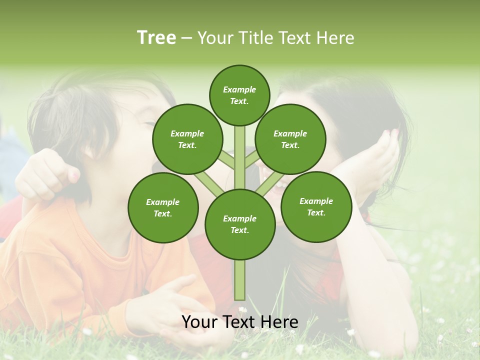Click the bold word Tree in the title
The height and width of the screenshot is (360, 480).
(x=156, y=37)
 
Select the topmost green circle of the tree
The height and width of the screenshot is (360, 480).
(x=239, y=95)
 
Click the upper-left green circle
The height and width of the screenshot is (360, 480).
(x=187, y=139)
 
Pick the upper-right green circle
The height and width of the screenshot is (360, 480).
(x=290, y=139)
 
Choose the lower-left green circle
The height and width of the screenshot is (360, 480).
(x=163, y=207)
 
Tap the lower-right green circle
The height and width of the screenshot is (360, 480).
(x=316, y=206)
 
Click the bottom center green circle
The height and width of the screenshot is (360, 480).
(x=239, y=224)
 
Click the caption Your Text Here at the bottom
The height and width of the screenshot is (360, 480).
(x=239, y=322)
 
